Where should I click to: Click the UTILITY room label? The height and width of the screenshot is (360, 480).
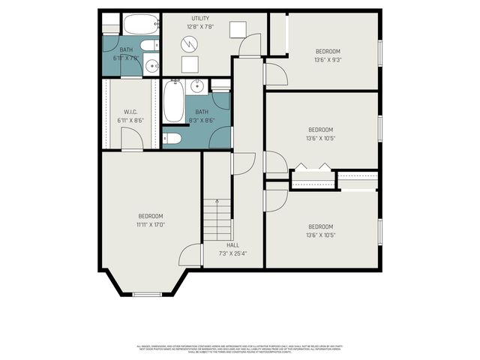[x=200, y=18]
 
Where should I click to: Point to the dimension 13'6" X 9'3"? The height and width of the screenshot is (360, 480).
[x=328, y=60]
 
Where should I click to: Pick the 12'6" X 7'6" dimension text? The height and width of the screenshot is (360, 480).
[x=200, y=27]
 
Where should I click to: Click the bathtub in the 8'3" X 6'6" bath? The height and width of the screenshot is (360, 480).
[x=173, y=102]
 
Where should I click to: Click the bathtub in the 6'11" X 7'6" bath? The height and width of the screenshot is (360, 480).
[x=140, y=25]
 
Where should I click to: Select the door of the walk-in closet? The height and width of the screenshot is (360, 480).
[x=132, y=139]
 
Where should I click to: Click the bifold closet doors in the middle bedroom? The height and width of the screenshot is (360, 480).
[x=312, y=168]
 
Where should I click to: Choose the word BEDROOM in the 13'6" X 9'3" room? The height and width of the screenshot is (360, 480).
[x=328, y=51]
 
